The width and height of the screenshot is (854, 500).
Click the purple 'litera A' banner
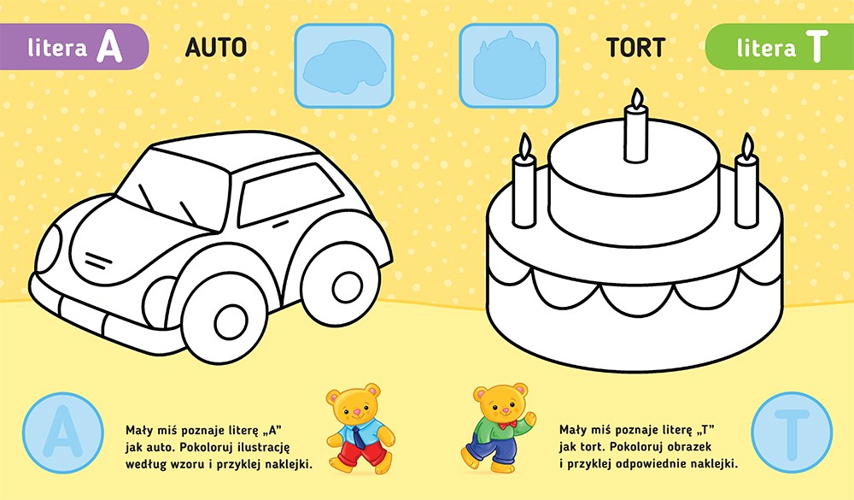(x=74, y=47)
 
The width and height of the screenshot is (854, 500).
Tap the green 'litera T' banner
(x=780, y=47)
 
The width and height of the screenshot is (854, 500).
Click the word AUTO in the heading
(x=216, y=48)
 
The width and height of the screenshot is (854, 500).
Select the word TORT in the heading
(x=635, y=48)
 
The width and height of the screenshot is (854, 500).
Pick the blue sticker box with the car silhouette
(x=343, y=66)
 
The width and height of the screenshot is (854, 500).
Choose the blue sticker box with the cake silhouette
(x=509, y=66)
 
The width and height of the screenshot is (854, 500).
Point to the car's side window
(x=290, y=194)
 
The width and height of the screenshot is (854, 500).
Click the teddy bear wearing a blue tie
(x=360, y=428)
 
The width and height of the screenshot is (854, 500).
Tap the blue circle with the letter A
(x=63, y=433)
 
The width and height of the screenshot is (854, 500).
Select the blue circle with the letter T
(x=792, y=433)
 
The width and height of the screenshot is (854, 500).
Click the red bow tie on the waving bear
(x=509, y=424)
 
